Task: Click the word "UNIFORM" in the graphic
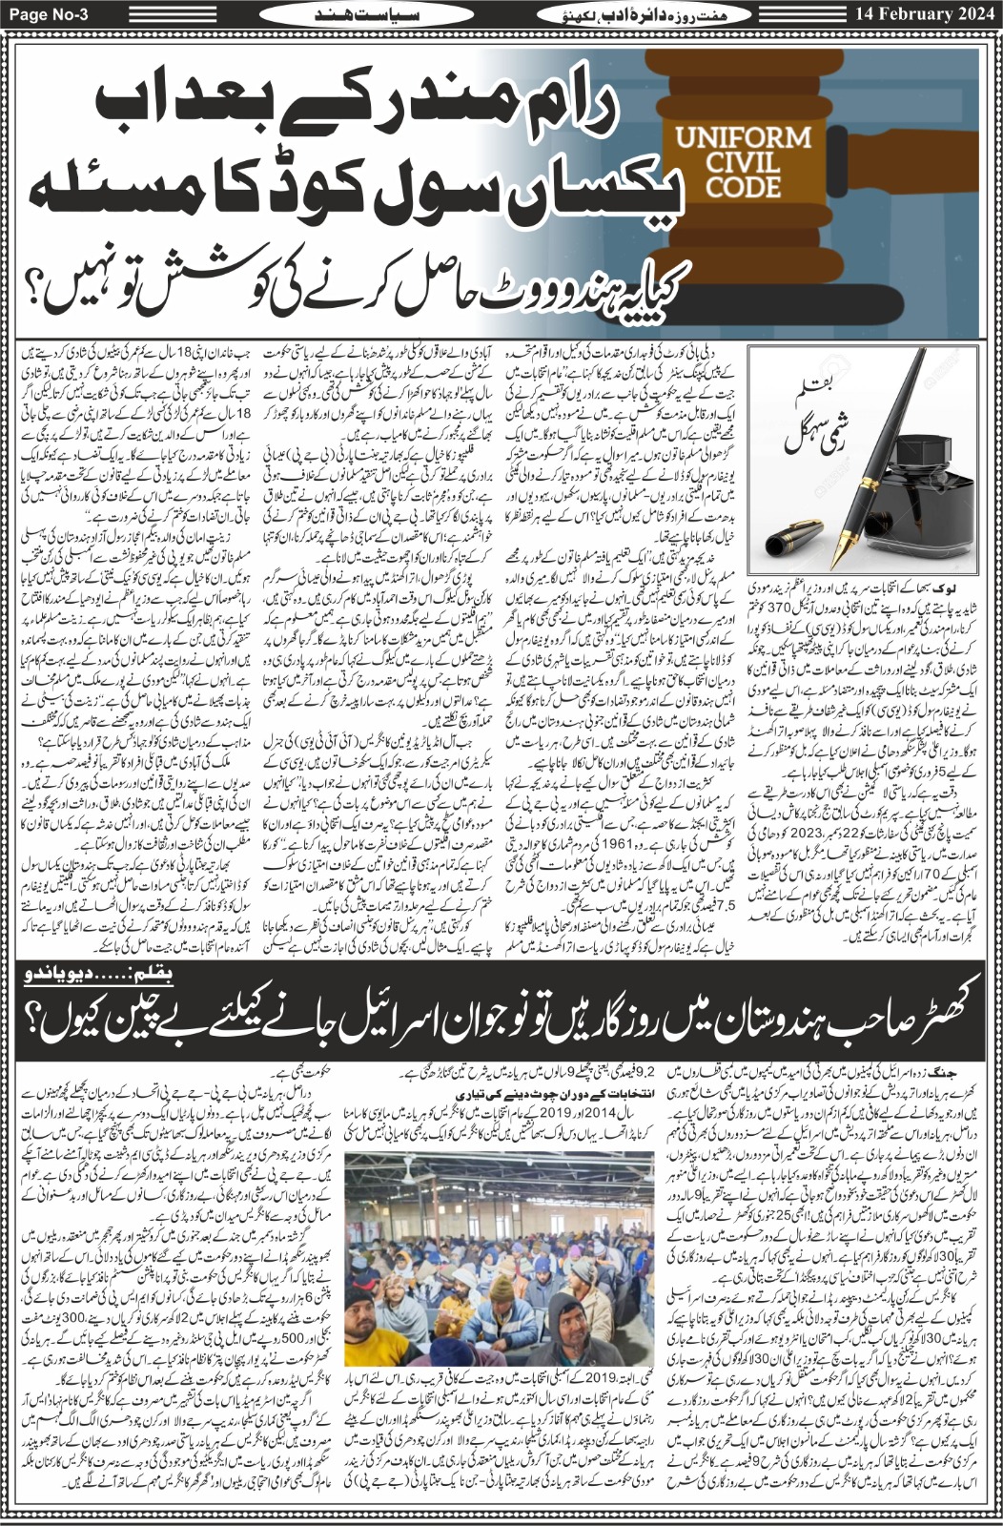coord(743,136)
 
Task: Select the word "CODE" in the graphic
coord(743,186)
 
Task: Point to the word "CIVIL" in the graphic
coord(743,161)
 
